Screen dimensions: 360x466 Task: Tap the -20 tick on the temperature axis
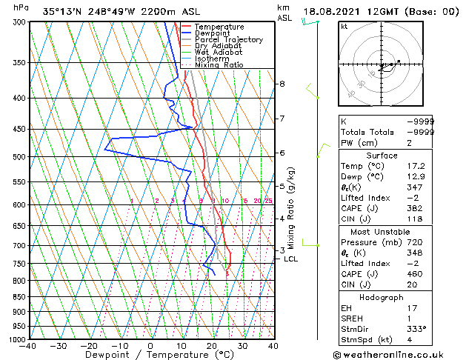point(89,346)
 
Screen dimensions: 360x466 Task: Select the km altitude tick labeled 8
point(282,84)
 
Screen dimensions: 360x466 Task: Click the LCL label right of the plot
point(291,259)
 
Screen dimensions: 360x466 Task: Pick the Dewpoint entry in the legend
point(215,33)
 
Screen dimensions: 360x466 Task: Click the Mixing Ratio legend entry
point(219,64)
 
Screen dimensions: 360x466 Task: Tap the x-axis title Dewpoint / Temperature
point(150,356)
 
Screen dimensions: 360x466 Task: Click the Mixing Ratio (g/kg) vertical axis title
point(291,208)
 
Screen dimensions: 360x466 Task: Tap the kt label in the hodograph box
point(344,27)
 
